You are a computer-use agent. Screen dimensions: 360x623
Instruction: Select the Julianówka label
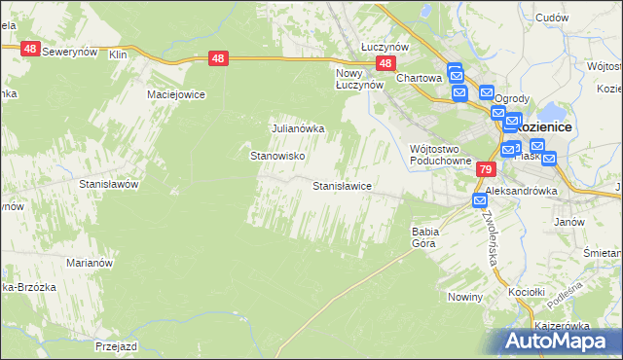[297, 127]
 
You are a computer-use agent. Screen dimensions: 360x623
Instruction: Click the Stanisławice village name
[341, 185]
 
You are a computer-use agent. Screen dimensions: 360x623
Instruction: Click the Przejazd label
[119, 344]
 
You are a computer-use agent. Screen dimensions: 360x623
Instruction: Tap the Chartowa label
[420, 78]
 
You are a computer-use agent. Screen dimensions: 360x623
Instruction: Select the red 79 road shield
[485, 169]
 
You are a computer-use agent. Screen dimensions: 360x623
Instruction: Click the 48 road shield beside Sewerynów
[29, 49]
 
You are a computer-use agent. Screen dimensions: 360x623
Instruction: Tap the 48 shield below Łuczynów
[385, 63]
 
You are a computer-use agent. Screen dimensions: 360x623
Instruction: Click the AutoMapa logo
[560, 341]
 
